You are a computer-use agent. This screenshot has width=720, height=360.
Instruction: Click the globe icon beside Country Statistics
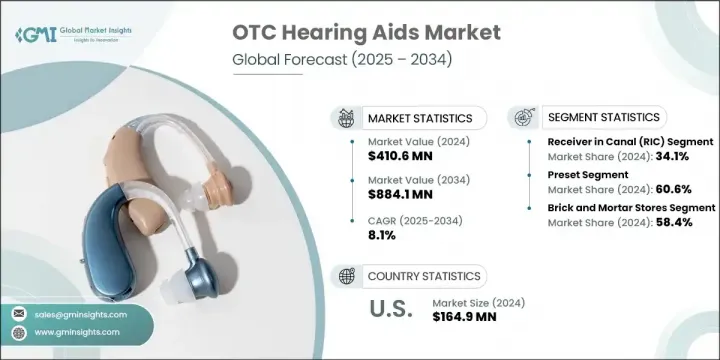pos(347,276)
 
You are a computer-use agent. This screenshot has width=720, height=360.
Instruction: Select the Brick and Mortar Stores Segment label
pos(630,207)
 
